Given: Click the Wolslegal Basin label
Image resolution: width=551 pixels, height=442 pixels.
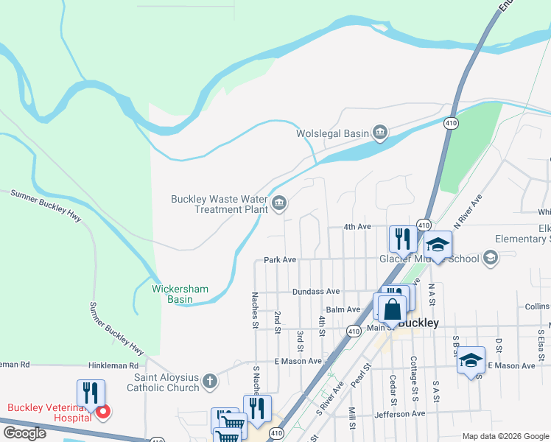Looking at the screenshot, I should pos(331,133).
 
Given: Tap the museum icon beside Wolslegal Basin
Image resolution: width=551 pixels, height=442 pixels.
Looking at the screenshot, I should pos(380,133).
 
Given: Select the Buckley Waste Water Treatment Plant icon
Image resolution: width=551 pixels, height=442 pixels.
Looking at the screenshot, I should pos(279,203).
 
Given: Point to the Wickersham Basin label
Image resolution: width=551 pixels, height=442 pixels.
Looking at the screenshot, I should pos(183,294).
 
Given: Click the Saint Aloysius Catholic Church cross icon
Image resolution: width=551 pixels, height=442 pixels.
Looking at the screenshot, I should pos(210,382).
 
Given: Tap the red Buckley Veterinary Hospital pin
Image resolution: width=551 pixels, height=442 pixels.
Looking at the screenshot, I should pos(104,412).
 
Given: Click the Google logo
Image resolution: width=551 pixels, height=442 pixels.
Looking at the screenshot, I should pos(24,433).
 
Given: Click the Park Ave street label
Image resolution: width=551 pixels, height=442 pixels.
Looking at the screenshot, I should pos(280,260).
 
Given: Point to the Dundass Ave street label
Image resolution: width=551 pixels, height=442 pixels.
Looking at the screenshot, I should pos(316,292).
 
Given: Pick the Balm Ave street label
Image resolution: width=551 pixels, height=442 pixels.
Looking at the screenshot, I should pos(343,309).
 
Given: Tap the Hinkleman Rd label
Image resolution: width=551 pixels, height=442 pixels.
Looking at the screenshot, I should pos(113,365).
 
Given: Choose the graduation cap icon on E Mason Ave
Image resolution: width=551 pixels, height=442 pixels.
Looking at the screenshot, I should pos(471,361).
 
